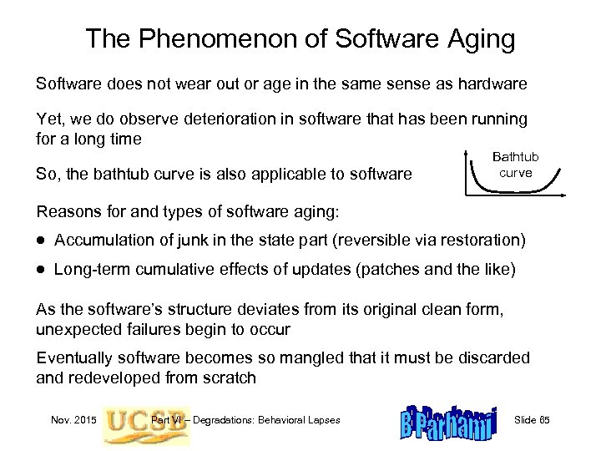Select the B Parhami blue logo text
pyautogui.click(x=447, y=419)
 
